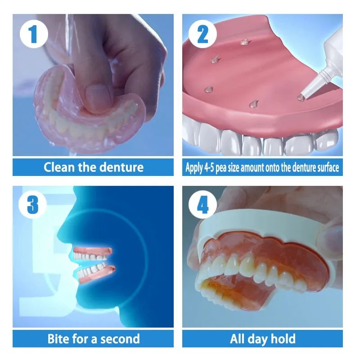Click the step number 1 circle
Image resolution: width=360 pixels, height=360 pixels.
click(34, 34)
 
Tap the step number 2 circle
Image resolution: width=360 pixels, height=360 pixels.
click(202, 34)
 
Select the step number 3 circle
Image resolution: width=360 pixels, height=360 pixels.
click(32, 204)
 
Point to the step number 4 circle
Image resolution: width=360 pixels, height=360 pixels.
click(202, 204)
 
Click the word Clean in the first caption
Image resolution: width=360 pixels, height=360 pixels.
click(59, 167)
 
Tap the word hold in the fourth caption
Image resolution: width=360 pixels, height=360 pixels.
click(283, 339)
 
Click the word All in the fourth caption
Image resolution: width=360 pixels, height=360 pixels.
click(237, 339)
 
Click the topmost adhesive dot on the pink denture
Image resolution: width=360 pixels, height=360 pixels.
click(244, 41)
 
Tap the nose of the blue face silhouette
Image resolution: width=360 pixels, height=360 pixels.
click(62, 232)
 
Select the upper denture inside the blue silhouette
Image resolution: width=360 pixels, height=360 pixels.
click(93, 253)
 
